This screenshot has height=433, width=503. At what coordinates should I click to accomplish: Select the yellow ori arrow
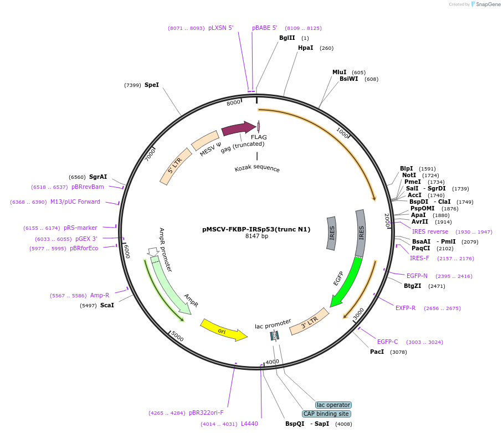coord(223,329)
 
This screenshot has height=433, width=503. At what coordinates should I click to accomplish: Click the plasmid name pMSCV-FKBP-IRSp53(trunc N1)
coord(256,229)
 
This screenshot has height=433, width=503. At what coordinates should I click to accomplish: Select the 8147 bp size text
coord(256,236)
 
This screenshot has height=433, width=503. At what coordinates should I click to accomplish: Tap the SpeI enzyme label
coord(151,85)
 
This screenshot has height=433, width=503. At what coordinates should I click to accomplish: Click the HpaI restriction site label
coord(305,48)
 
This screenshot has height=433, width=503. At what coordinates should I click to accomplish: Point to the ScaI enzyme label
coord(107,305)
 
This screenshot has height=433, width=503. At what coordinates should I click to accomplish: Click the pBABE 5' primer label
coord(265,28)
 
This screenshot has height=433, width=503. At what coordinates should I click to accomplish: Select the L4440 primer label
coord(249,424)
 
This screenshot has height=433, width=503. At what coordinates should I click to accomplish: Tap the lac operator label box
coord(333,405)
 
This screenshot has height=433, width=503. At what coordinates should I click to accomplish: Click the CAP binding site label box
coord(326,414)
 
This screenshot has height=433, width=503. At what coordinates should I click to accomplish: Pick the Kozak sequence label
coord(257,169)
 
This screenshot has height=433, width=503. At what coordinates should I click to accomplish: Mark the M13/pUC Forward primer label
coord(75,202)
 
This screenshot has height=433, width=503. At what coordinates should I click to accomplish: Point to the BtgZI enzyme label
coord(412,286)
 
